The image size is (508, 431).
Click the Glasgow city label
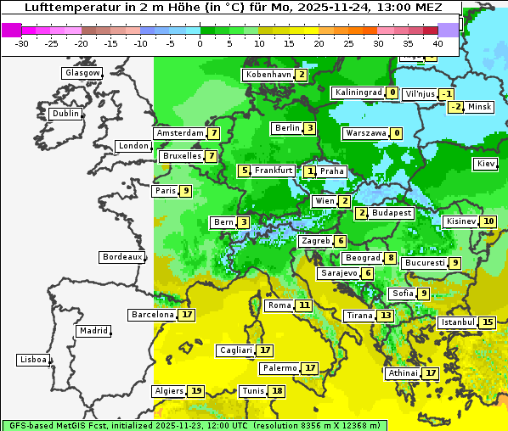(x=82, y=73)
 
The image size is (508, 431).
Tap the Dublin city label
(x=65, y=114)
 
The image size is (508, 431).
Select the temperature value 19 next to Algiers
(x=196, y=391)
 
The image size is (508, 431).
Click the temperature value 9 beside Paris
(x=185, y=191)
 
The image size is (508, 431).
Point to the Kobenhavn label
(x=268, y=75)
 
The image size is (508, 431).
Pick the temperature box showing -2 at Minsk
(x=456, y=106)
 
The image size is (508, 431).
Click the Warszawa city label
(x=366, y=133)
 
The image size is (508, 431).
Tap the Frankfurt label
(x=274, y=171)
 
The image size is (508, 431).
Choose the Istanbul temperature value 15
(x=488, y=322)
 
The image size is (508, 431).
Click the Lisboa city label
(x=32, y=360)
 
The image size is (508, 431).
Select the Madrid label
(x=93, y=331)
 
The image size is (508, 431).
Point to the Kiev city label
(x=486, y=164)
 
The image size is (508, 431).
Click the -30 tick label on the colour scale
(x=21, y=42)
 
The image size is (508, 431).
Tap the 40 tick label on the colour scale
(x=437, y=42)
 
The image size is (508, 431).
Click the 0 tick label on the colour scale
(x=200, y=42)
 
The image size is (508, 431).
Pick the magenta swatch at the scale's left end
(x=11, y=30)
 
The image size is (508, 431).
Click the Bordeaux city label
(x=121, y=256)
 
